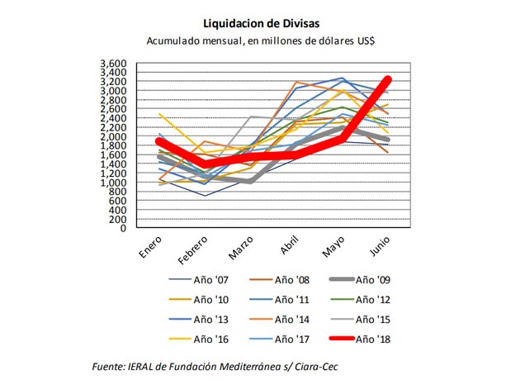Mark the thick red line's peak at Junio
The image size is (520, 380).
(x=388, y=80)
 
